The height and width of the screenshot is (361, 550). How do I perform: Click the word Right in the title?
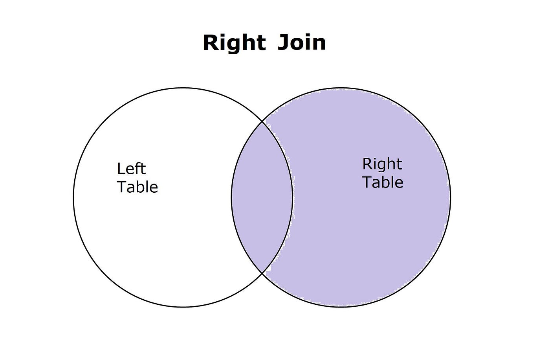click(x=234, y=42)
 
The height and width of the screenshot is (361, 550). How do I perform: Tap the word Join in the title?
click(x=302, y=42)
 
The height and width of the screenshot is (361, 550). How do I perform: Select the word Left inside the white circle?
click(x=131, y=169)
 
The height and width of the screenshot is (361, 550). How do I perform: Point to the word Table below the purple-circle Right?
click(x=383, y=182)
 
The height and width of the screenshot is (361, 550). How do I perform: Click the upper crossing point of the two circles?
click(x=262, y=122)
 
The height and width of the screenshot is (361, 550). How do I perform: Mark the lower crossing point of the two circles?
click(x=262, y=273)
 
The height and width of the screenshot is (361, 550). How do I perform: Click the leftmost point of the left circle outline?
click(x=73, y=197)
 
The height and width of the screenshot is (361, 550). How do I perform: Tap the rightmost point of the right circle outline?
click(x=450, y=197)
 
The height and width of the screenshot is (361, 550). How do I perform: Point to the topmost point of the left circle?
click(x=183, y=88)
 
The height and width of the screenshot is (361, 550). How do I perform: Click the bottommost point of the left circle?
click(x=183, y=307)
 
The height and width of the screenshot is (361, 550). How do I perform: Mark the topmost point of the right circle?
click(x=341, y=88)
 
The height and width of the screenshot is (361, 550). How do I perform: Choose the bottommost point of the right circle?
click(x=341, y=307)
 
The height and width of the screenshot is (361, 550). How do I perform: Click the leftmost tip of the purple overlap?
click(x=231, y=197)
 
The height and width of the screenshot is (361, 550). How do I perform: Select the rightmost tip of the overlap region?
click(x=292, y=197)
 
